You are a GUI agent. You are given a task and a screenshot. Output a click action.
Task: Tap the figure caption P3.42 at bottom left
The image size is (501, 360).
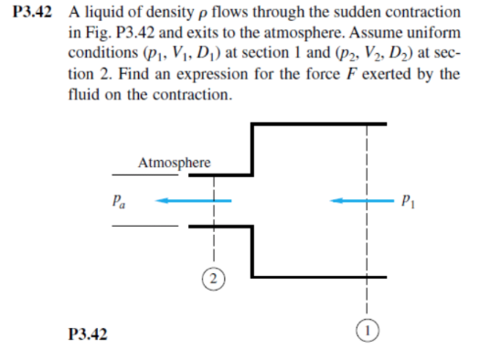[x=89, y=335]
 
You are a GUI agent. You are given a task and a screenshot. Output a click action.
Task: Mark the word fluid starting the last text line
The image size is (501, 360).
[x=83, y=93]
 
